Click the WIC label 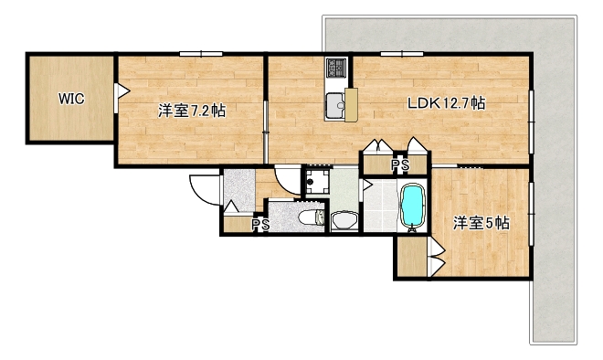pos(71,98)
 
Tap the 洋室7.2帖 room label pos(192,111)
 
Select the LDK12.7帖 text pos(446,103)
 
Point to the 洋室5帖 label pos(481,222)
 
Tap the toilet pos(311,216)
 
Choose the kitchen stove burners pos(336,68)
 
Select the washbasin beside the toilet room pos(344,219)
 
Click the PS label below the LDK pos(399,166)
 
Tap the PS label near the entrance pos(259,225)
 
